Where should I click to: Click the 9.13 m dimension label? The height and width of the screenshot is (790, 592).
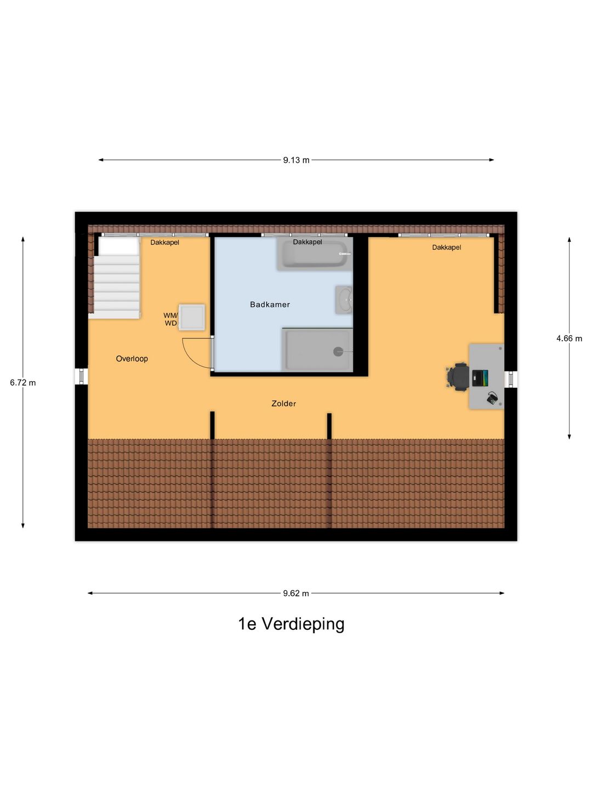[296, 160]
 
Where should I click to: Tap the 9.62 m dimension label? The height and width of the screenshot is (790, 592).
[296, 593]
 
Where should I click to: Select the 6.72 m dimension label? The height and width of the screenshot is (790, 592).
[23, 382]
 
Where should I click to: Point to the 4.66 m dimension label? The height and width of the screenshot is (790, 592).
[569, 338]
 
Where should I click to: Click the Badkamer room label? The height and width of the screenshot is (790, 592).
[270, 304]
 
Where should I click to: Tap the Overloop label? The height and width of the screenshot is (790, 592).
[132, 359]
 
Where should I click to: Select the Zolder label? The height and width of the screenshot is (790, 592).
[283, 403]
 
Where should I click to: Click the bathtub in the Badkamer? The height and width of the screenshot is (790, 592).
[314, 255]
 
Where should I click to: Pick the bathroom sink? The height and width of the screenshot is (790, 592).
[344, 300]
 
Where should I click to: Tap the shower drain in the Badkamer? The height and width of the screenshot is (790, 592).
[338, 352]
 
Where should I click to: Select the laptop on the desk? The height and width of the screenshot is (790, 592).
[480, 377]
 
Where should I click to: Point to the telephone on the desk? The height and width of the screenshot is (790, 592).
[492, 398]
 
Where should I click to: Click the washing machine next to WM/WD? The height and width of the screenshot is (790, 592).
[192, 317]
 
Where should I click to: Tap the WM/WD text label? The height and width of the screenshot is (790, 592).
[170, 319]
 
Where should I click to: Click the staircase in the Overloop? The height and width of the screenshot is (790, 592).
[117, 287]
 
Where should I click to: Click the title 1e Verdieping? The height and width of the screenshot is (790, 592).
[291, 624]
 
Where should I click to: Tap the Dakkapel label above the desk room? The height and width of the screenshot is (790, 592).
[446, 247]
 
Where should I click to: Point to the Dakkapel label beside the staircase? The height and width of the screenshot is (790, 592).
[164, 242]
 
